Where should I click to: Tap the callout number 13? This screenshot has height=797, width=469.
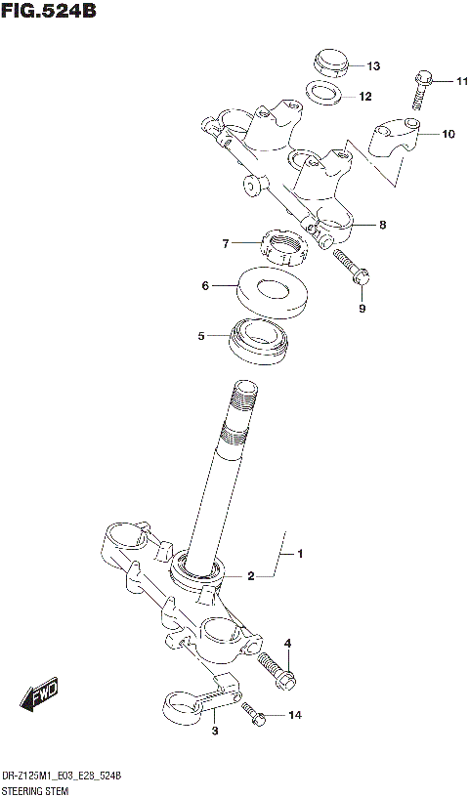point(372,66)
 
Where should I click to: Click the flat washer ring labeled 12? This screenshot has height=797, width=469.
point(322,94)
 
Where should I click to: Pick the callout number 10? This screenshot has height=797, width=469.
point(448,134)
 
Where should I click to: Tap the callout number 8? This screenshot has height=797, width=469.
point(382,225)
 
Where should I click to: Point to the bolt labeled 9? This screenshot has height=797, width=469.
point(351,267)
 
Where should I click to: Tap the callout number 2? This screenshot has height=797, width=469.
point(250,576)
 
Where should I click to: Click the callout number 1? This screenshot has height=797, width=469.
point(300,555)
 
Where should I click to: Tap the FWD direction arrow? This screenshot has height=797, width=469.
point(39,695)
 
